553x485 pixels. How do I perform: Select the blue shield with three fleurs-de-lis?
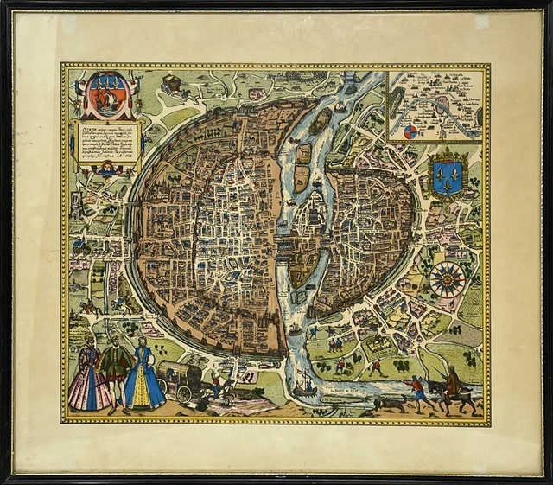tap(448, 175)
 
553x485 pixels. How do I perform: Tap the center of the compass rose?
tap(448, 279)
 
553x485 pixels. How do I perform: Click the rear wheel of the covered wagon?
tap(184, 394)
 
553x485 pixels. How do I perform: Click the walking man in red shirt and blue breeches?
tap(417, 392)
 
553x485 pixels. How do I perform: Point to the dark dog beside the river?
tap(389, 402)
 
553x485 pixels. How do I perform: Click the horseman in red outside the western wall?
tap(87, 304)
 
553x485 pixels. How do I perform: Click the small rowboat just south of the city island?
tap(295, 329)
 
